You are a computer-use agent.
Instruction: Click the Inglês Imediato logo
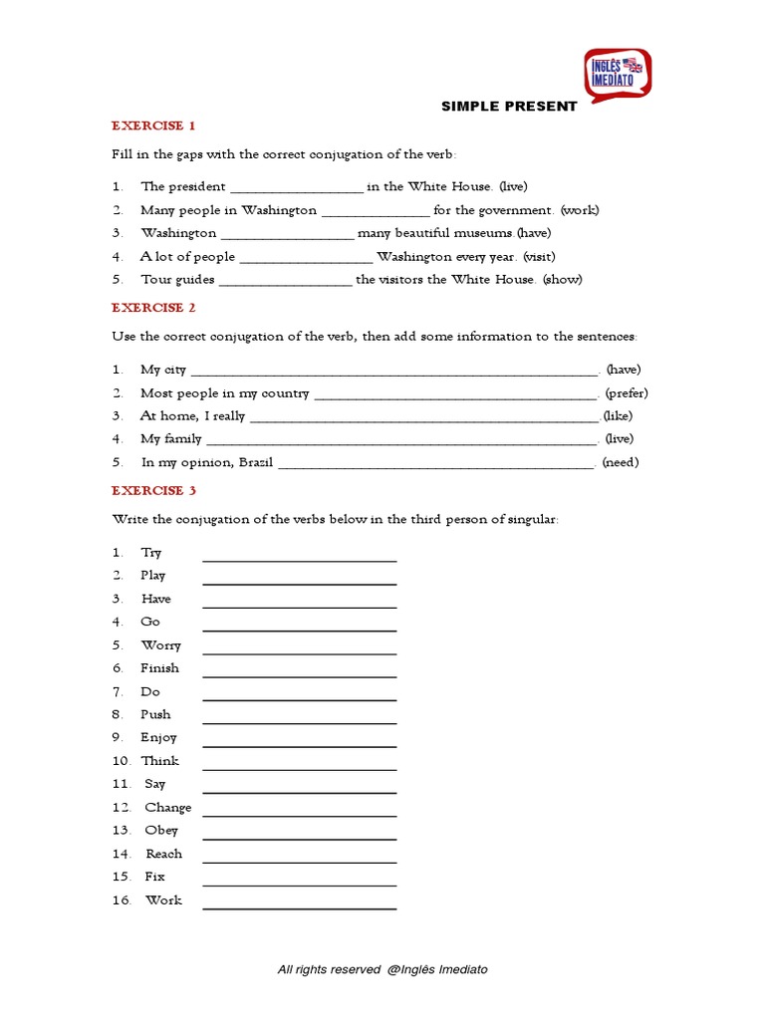pyautogui.click(x=618, y=74)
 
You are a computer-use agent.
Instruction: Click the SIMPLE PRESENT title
pyautogui.click(x=509, y=107)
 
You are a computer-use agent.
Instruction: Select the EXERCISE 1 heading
pyautogui.click(x=153, y=126)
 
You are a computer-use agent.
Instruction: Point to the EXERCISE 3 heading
pyautogui.click(x=153, y=490)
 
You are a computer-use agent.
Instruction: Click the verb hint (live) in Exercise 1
pyautogui.click(x=513, y=186)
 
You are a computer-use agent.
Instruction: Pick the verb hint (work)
pyautogui.click(x=580, y=210)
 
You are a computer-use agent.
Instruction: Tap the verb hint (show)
pyautogui.click(x=563, y=279)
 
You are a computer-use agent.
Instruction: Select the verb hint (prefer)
pyautogui.click(x=627, y=392)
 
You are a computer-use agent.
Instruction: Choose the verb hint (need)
pyautogui.click(x=621, y=462)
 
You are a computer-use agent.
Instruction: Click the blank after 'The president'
pyautogui.click(x=297, y=188)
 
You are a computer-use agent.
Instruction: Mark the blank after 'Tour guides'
pyautogui.click(x=285, y=282)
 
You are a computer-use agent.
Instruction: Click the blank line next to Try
pyautogui.click(x=300, y=559)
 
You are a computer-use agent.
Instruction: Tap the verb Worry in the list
pyautogui.click(x=161, y=645)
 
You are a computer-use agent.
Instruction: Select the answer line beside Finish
pyautogui.click(x=300, y=675)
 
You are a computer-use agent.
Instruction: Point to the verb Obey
pyautogui.click(x=161, y=830)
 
